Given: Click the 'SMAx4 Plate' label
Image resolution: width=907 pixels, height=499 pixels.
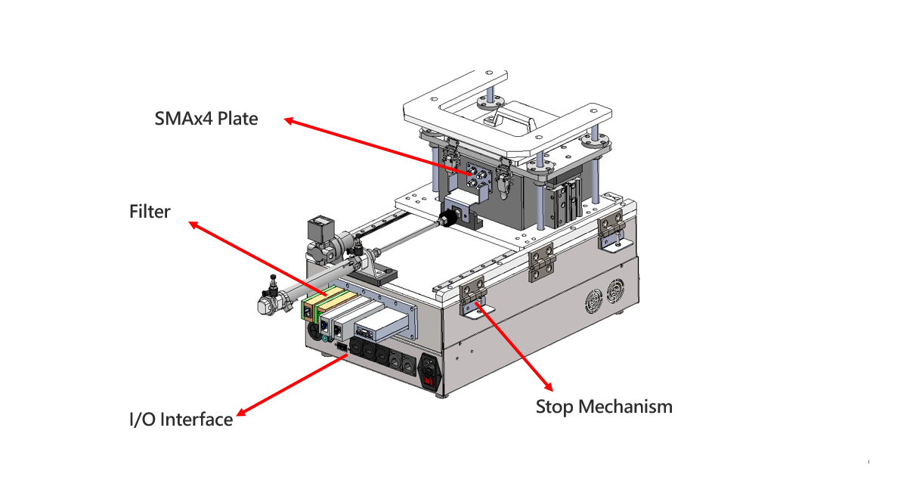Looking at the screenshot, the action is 206,119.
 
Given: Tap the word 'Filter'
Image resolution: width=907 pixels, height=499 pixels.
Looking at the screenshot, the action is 150,212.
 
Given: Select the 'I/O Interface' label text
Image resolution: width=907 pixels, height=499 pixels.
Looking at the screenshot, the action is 181,419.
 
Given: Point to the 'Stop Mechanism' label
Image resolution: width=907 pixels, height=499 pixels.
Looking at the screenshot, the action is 604,407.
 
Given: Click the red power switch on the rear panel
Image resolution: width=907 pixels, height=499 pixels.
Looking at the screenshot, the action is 429,381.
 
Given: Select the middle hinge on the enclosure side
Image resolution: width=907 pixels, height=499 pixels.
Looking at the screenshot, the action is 541,262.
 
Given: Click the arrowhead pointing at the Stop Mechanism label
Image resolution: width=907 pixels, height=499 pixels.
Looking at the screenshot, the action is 548,386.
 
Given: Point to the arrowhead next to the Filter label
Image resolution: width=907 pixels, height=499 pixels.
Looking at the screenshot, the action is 194,225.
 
